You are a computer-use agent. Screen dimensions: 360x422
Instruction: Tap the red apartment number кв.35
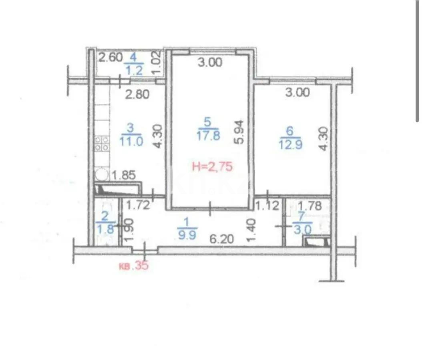point(134,266)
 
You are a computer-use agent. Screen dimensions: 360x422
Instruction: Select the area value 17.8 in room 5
point(209,136)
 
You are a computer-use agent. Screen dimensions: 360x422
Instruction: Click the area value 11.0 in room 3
point(131,141)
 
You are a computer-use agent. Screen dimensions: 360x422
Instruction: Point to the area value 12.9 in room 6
point(290,144)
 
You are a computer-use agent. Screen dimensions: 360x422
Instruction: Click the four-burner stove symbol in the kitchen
point(102,144)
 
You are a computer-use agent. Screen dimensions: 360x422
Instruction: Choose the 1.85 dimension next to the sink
point(124,175)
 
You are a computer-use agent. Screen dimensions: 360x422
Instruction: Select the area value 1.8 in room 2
point(105,230)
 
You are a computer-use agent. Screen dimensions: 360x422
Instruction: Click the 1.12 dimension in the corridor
point(267,206)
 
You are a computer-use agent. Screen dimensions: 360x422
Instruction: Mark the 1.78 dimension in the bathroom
point(310,207)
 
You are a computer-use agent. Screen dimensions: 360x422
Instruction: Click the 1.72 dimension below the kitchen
point(138,206)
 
